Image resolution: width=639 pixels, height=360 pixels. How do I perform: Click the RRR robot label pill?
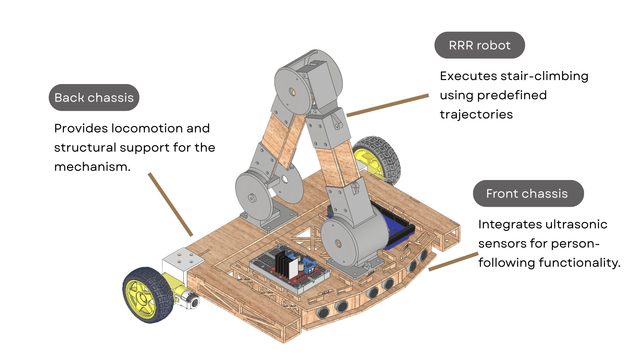pos(479,45)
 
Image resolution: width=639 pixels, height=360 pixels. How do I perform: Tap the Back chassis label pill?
pos(94,98)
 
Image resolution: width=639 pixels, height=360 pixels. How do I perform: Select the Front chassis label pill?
pos(528,194)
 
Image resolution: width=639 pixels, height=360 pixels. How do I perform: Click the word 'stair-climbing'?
pos(544,76)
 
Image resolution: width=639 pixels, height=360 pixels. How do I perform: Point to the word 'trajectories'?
pos(476,114)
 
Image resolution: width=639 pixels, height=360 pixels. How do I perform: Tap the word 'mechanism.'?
pos(92,167)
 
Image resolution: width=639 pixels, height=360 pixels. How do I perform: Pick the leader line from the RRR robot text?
pos(387,105)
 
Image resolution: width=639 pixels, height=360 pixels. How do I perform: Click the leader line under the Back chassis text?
pos(170,204)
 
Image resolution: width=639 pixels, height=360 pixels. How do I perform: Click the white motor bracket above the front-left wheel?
pos(182,261)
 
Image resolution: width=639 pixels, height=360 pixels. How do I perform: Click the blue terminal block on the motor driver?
pos(310,265)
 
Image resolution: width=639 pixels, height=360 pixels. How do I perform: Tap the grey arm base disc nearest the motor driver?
pos(339,243)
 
